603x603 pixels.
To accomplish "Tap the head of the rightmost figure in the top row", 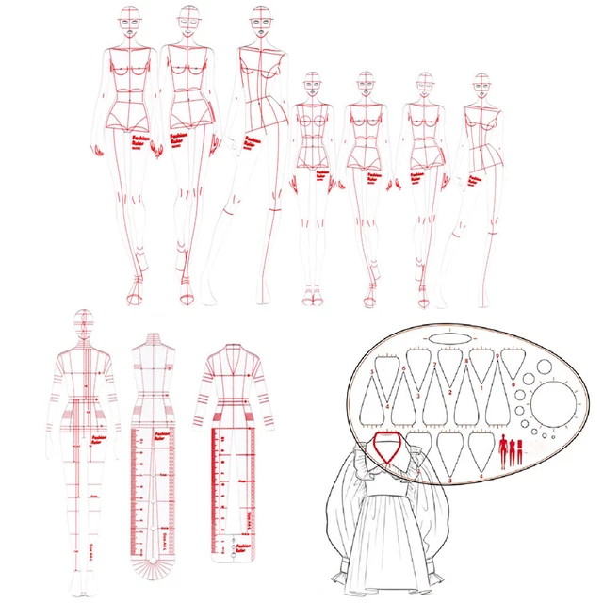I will (x=481, y=87).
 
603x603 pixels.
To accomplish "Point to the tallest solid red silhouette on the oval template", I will (x=502, y=448).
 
